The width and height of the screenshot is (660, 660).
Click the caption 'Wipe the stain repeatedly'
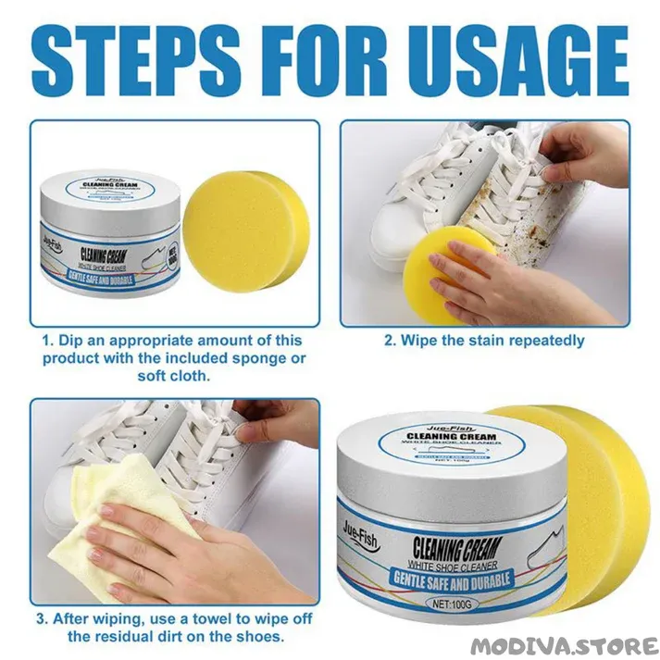click(x=484, y=340)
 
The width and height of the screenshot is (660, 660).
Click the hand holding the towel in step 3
click(x=185, y=555)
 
